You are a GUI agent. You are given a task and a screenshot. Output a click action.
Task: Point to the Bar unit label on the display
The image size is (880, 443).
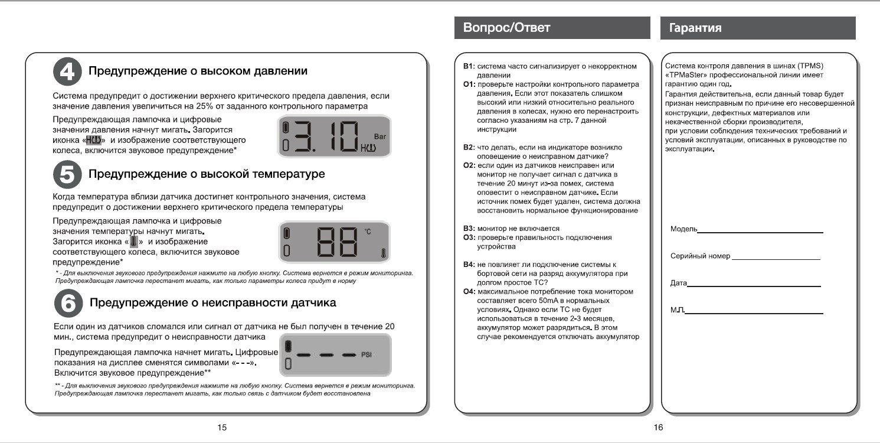coord(380,135)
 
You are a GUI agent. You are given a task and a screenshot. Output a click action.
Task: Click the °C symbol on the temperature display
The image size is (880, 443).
coord(368,232)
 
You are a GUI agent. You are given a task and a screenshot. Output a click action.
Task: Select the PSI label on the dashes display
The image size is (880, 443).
coord(367,354)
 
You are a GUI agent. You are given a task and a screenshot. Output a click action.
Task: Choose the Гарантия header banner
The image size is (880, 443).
coord(758,28)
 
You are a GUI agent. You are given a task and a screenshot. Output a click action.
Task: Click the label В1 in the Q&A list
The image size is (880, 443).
coord(469,66)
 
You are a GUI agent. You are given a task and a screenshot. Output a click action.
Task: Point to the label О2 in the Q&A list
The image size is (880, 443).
coord(469,165)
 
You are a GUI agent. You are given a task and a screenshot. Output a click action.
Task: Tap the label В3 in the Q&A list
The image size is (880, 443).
coord(469,229)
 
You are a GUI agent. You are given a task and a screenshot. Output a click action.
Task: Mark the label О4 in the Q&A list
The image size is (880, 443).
coord(469,292)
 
